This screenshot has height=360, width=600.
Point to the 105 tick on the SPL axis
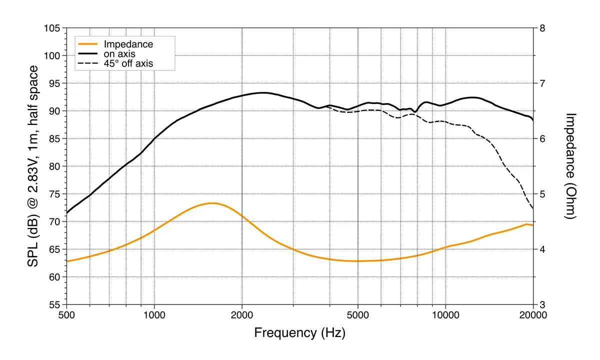51,28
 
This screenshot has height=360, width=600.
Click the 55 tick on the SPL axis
54,304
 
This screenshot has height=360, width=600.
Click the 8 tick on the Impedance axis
541,28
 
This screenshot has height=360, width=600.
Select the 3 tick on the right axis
541,304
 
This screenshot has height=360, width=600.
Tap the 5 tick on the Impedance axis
541,194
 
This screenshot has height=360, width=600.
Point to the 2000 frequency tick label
242,315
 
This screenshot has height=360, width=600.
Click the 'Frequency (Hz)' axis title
299,333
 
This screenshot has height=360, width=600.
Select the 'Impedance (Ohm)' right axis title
571,166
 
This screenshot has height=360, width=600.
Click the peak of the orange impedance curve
212,203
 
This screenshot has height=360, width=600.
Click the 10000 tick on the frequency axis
445,315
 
